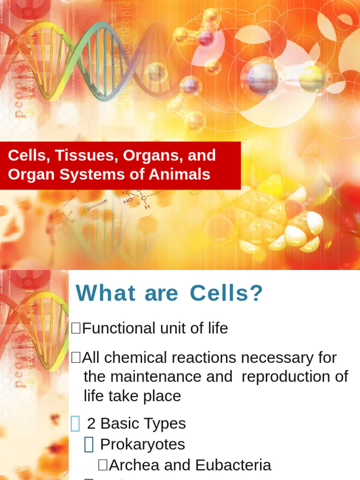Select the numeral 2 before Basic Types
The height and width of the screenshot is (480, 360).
pos(91,424)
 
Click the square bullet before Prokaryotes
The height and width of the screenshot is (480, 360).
pos(89,444)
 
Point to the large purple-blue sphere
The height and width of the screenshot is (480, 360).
pos(262,78)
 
